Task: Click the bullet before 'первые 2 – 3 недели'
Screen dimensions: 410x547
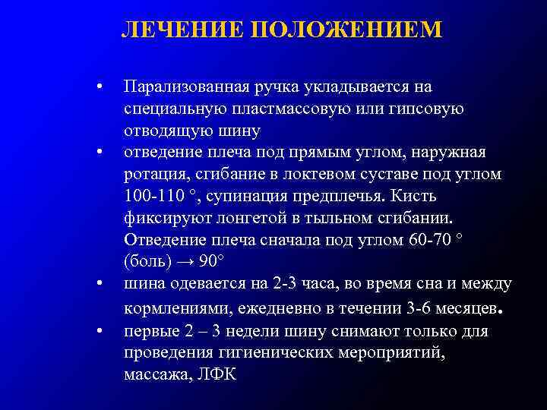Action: (x=99, y=332)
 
